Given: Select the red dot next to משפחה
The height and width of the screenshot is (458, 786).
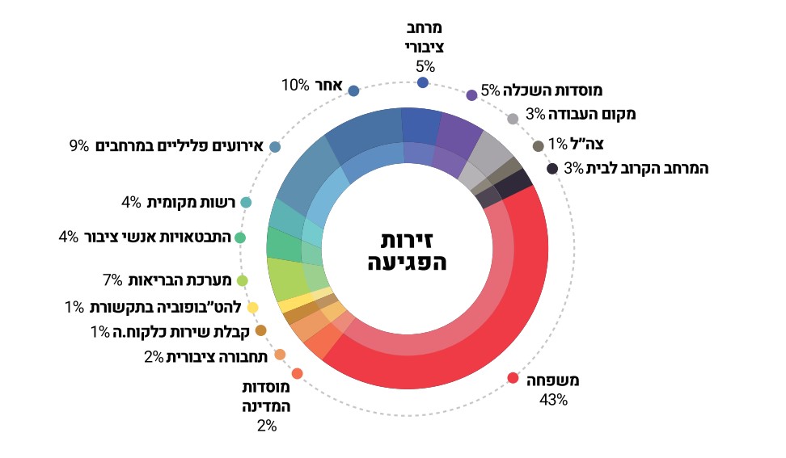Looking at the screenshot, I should point(512,378).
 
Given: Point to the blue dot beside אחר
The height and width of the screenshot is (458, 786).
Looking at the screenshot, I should point(353,90).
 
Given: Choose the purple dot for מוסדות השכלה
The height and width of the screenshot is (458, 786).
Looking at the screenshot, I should point(471,95).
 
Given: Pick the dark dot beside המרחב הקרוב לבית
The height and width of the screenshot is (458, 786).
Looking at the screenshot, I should point(552,169).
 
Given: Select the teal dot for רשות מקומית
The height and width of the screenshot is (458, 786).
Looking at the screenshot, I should point(246,202).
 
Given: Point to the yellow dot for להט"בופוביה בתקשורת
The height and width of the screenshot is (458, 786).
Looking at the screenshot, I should point(252,308).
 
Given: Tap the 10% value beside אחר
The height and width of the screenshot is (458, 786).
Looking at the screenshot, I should point(295,85).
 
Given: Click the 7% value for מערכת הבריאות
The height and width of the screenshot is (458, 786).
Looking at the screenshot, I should point(112,280).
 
